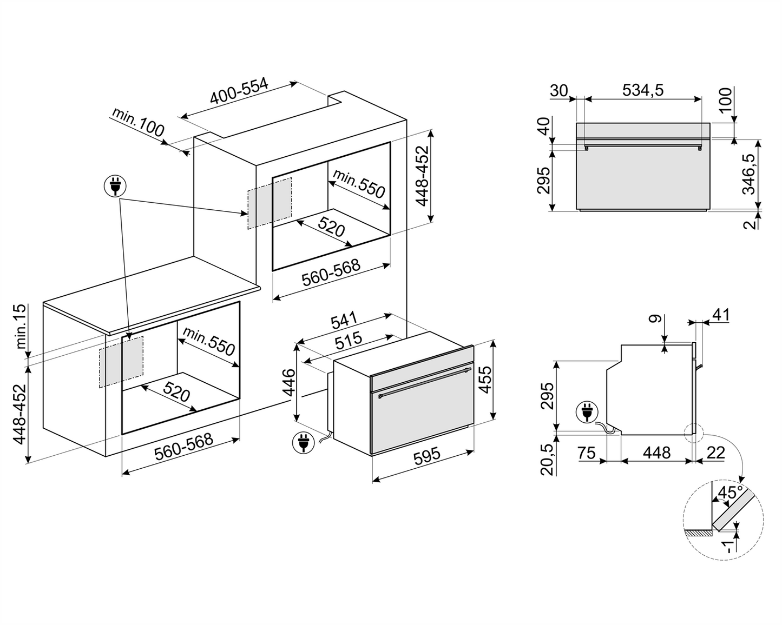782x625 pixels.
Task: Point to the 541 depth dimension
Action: pyautogui.click(x=345, y=321)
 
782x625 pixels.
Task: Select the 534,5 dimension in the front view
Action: pyautogui.click(x=642, y=90)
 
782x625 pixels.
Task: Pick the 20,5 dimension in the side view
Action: pyautogui.click(x=548, y=459)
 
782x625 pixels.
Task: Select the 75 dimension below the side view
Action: pyautogui.click(x=587, y=453)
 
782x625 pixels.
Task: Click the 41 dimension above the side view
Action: pyautogui.click(x=721, y=315)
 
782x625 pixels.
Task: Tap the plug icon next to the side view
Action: pyautogui.click(x=587, y=412)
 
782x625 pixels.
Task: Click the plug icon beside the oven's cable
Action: pyautogui.click(x=303, y=442)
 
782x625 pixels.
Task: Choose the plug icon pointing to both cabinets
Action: pyautogui.click(x=115, y=186)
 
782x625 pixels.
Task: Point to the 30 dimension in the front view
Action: pyautogui.click(x=558, y=90)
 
